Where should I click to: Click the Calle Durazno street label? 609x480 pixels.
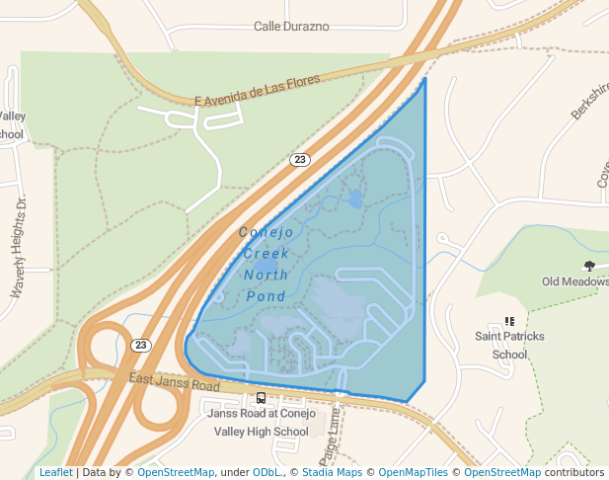click(291, 27)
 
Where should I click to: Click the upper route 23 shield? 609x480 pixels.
click(300, 159)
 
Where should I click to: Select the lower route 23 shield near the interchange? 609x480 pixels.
click(141, 345)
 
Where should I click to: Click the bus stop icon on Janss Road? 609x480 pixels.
click(261, 398)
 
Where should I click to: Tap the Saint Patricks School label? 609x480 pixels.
click(509, 345)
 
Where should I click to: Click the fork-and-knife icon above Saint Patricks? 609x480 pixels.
click(509, 321)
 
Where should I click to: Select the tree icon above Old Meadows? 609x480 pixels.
click(589, 266)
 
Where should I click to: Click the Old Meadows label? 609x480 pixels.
click(574, 281)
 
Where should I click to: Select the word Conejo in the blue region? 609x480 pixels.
click(266, 232)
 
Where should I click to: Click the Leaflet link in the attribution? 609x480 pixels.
click(55, 473)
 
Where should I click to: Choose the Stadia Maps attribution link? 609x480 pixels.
click(330, 473)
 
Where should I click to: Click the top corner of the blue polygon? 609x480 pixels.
click(425, 78)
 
